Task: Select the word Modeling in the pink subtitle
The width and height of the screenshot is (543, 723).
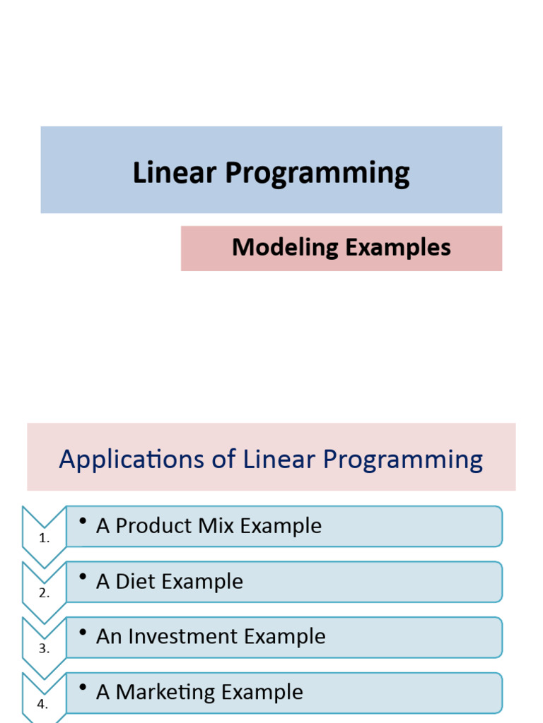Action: tap(285, 248)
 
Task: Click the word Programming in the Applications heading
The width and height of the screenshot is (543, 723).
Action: tap(402, 460)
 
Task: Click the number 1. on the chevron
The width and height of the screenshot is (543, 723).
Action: tap(45, 539)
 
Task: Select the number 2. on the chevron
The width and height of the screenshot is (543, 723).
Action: tap(45, 594)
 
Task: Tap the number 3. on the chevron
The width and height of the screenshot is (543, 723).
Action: tap(45, 649)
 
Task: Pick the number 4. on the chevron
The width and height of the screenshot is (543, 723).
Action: tap(45, 704)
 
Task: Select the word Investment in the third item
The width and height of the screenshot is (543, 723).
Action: tap(184, 636)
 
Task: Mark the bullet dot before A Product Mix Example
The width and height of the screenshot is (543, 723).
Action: tap(83, 521)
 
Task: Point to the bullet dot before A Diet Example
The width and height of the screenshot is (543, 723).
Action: tap(83, 577)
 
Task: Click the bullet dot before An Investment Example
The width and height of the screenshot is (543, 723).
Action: tap(83, 632)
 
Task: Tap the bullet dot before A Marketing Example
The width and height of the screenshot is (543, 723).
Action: tap(83, 687)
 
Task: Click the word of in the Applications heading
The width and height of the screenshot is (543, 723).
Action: tap(218, 460)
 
